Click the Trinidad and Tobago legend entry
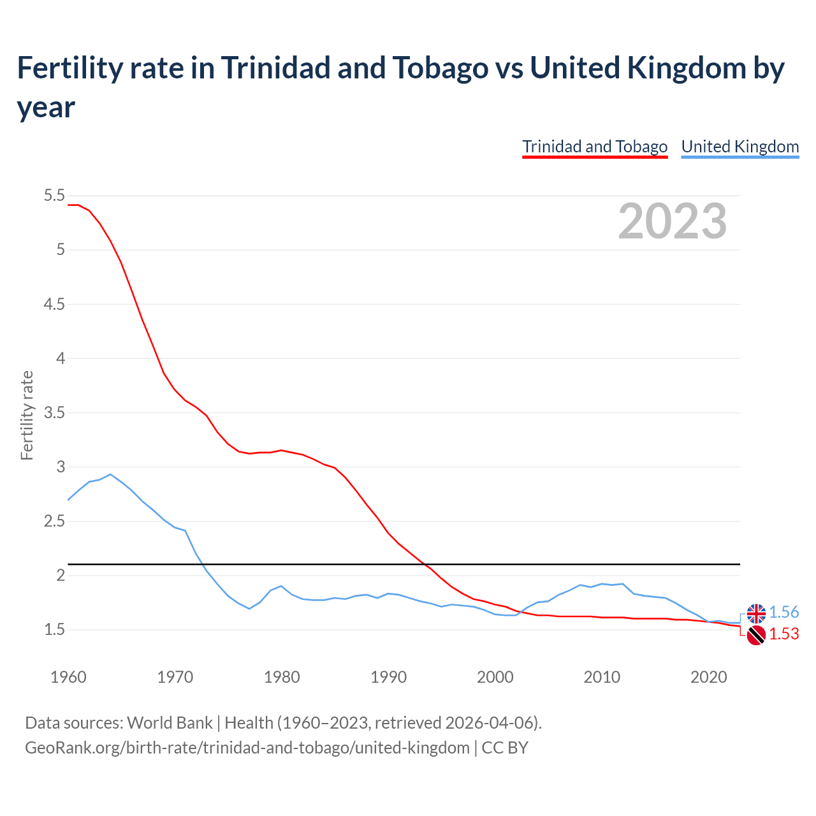(595, 147)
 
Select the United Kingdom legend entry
(739, 147)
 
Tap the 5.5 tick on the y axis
(54, 196)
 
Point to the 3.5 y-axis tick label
(54, 412)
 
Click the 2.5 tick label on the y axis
(54, 521)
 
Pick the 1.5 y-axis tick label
(54, 630)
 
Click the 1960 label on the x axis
(68, 677)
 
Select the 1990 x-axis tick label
(388, 677)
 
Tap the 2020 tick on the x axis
(708, 677)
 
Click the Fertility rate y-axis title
(27, 415)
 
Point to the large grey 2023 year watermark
(672, 221)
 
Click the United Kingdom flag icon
(756, 613)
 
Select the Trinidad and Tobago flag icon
(756, 635)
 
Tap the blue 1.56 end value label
(783, 613)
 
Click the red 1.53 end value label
(783, 634)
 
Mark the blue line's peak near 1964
(110, 474)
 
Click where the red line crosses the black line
(423, 564)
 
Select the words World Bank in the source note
(170, 723)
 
